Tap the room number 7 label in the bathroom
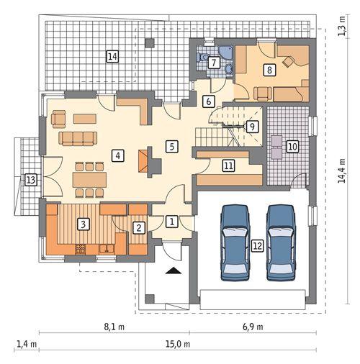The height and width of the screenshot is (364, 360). click(x=214, y=63)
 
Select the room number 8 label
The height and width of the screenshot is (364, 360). click(x=269, y=70)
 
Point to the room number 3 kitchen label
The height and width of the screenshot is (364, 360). click(x=84, y=224)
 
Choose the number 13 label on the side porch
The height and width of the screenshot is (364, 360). click(x=30, y=180)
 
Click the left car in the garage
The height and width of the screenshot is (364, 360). click(x=235, y=242)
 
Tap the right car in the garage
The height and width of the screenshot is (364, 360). click(x=281, y=242)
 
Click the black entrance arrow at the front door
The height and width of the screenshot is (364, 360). click(x=173, y=271)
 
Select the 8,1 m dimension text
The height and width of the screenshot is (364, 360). click(x=109, y=327)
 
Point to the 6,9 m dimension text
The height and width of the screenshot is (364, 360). click(x=253, y=327)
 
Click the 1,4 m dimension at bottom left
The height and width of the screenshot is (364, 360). click(x=24, y=344)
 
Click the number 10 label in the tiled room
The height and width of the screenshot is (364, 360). click(x=292, y=147)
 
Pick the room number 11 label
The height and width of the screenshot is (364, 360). click(x=228, y=166)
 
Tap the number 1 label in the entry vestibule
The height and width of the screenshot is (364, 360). click(x=171, y=222)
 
